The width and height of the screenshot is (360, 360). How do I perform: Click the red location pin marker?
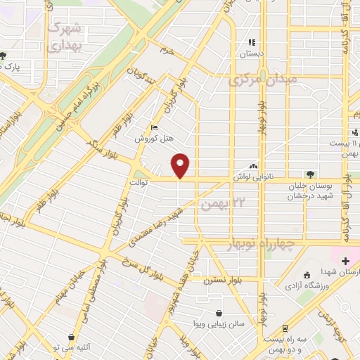(181, 165)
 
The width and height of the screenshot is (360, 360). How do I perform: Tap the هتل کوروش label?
(154, 139)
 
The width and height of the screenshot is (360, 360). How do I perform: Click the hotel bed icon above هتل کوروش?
(154, 128)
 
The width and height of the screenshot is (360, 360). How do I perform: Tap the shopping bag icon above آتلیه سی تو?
(71, 337)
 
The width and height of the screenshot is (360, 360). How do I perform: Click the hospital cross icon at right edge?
(345, 261)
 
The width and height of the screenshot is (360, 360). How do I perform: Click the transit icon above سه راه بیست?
(285, 328)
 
